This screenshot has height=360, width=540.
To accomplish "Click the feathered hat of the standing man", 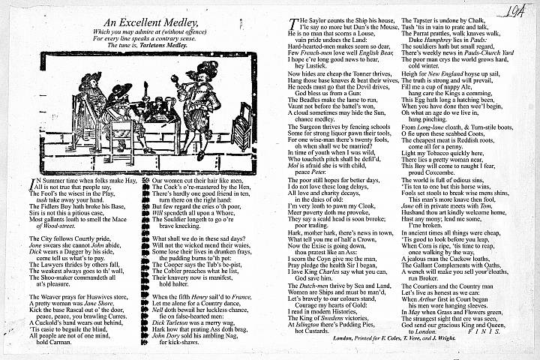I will [x=204, y=71].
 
